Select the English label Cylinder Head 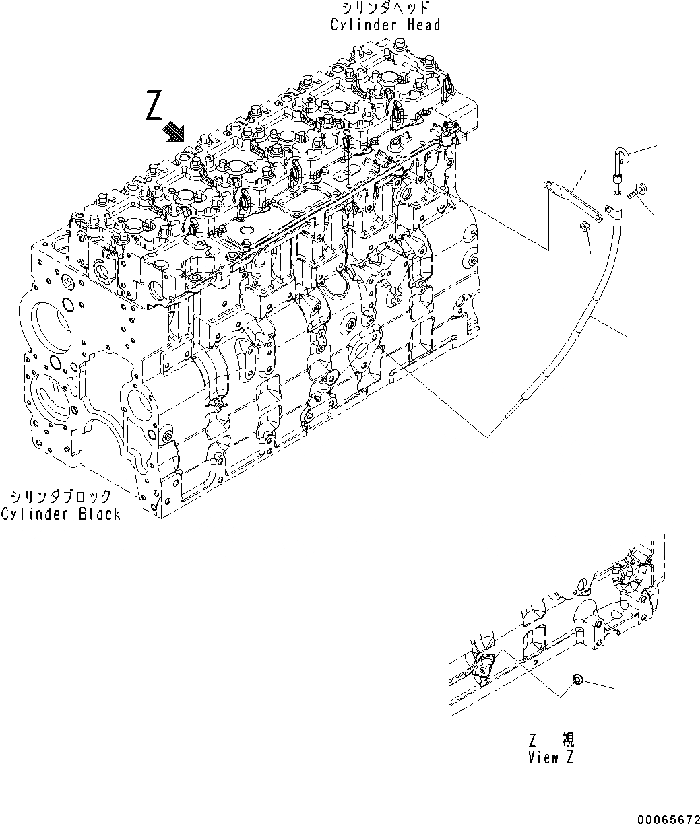point(385,25)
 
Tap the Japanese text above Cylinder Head point(385,8)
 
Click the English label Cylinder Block point(61,514)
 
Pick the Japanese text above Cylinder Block point(61,497)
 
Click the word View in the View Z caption point(543,757)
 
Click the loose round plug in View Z point(577,681)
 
